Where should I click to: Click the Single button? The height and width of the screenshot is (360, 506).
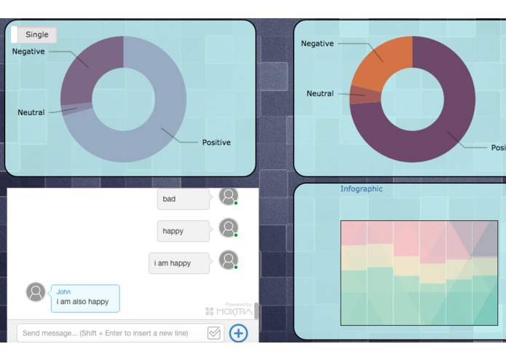pos(36,34)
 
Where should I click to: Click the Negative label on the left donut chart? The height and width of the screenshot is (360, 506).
pos(28,52)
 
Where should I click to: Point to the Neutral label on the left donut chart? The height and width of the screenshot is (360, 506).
pos(31,112)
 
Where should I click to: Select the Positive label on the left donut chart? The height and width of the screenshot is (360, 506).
pos(216,142)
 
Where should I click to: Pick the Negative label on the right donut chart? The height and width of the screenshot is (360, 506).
pos(317,44)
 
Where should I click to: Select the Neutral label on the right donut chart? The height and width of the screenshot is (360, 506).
pos(320,93)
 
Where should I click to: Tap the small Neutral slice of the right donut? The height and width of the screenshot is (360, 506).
pos(357,95)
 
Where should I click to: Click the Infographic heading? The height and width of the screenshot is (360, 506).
pos(361,189)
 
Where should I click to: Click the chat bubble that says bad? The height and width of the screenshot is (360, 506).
pos(183,199)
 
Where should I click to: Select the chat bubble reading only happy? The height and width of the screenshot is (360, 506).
pos(183,231)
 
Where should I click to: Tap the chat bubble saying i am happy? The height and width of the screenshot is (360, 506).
pos(179,263)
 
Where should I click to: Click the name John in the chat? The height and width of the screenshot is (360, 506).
pos(64,292)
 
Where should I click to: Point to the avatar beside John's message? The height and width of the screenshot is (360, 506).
pos(36,292)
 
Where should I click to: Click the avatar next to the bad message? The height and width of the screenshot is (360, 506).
pos(229,196)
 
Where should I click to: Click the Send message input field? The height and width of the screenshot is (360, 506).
pos(109,333)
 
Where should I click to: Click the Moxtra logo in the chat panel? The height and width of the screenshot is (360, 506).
pos(229,311)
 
